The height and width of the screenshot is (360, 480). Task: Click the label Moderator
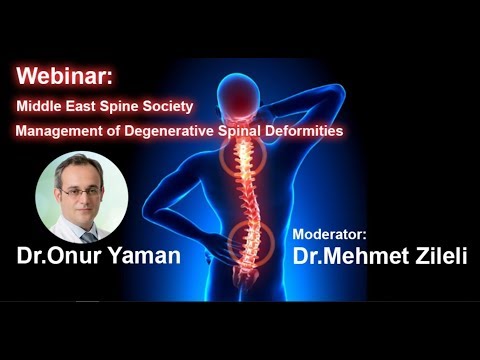click(330, 233)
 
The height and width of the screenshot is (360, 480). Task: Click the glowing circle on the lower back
click(251, 241)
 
